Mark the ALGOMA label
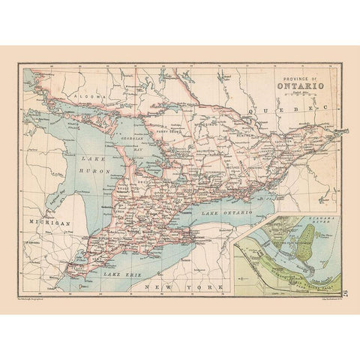tap(76, 96)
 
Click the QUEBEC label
tap(289, 109)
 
